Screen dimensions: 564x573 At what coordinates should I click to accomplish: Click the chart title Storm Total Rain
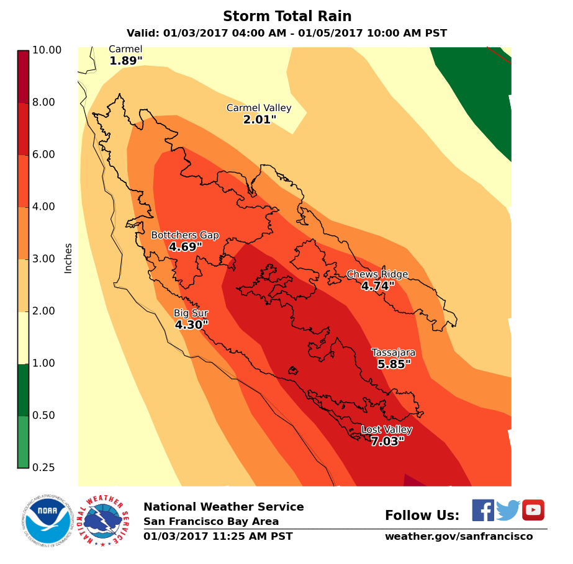pos(286,16)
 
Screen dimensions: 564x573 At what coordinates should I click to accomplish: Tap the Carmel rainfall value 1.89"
pos(126,61)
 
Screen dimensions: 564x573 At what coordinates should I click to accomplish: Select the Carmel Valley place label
pos(259,108)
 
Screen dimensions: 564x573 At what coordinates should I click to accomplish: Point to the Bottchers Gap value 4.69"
pos(186,247)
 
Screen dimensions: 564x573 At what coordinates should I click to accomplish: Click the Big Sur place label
pos(191,313)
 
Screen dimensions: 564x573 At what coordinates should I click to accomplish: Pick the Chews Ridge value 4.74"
pos(378,286)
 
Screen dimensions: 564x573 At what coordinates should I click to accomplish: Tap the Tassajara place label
pos(394,352)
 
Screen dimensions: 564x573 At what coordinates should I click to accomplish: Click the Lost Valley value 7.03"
pos(387,442)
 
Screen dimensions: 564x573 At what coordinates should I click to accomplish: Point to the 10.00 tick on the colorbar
pos(47,50)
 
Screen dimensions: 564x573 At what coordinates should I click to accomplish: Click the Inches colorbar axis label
pos(68,258)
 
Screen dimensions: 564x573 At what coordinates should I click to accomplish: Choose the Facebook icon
pos(483,510)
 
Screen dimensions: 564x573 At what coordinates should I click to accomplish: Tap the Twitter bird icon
pos(508,511)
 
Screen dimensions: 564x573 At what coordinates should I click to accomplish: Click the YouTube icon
pos(533,510)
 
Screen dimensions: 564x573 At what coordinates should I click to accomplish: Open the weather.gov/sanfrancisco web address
pos(459,536)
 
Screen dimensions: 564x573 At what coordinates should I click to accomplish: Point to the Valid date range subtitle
pos(286,34)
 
